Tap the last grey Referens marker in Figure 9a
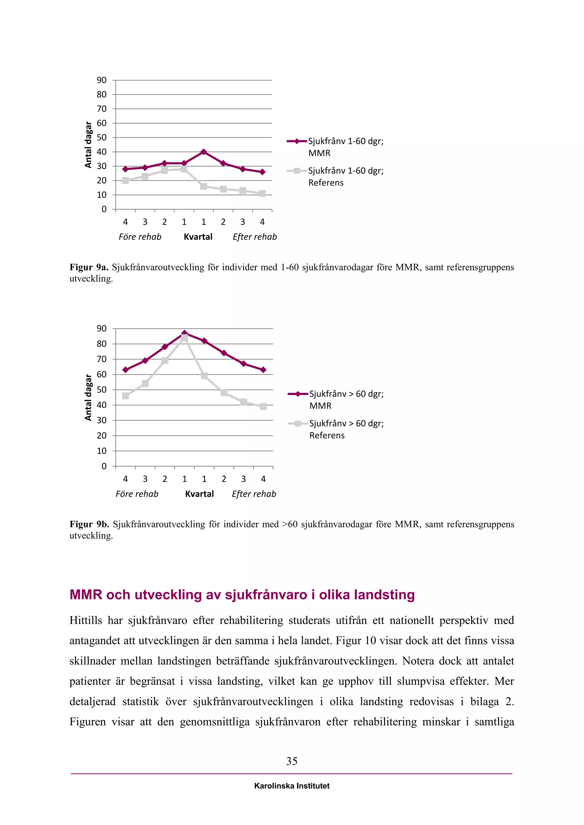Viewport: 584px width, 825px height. [262, 194]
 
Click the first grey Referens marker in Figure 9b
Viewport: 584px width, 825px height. [125, 396]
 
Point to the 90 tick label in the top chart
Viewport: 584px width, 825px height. [102, 80]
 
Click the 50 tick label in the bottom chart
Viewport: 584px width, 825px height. [102, 389]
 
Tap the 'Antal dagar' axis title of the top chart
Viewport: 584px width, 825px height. [88, 144]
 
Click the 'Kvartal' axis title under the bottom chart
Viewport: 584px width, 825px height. [199, 494]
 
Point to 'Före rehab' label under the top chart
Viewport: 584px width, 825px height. [140, 237]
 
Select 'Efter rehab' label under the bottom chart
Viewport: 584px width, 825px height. [254, 494]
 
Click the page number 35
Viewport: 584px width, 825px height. [292, 761]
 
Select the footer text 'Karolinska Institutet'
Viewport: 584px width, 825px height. [292, 786]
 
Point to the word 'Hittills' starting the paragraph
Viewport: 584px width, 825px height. [86, 620]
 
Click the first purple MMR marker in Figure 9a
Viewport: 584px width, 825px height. [125, 169]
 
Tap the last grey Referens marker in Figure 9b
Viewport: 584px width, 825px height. [263, 407]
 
